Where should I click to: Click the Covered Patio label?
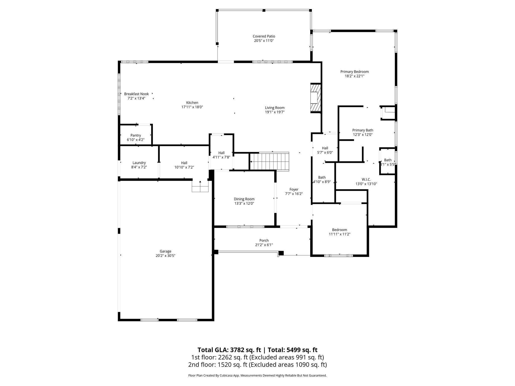point(264,36)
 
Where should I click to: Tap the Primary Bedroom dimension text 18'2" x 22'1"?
point(355,76)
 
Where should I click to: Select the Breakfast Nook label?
point(137,94)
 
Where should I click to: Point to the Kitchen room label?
point(192,103)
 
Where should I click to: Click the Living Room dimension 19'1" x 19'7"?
point(275,112)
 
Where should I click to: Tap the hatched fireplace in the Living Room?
point(316,98)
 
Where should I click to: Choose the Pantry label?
point(136,135)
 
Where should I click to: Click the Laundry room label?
point(139,163)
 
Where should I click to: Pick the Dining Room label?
point(244,199)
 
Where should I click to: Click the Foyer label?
point(294,189)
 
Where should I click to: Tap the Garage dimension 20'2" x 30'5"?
point(165,256)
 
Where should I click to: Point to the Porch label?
point(264,240)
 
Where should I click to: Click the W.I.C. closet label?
point(366,179)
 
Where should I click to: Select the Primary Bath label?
point(363,130)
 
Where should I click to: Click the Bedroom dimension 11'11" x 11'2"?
point(339,234)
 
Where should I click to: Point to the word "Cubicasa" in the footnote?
point(226,375)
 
